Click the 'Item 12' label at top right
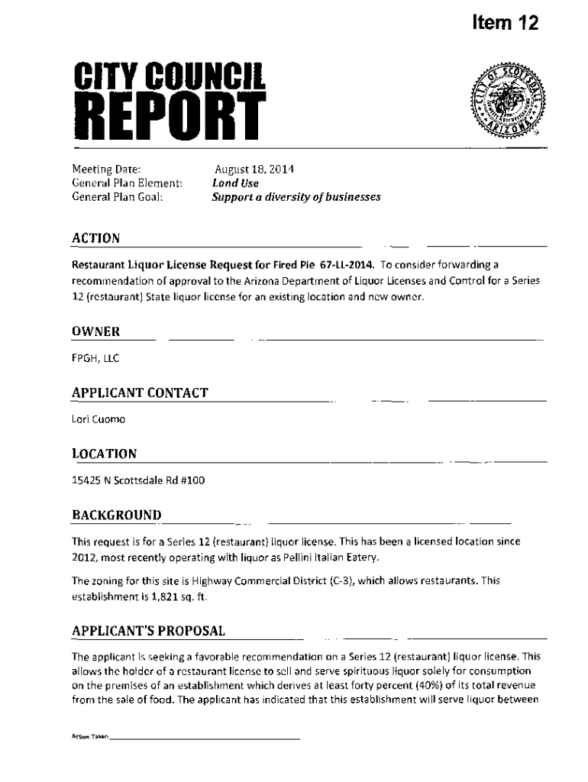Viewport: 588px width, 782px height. (x=505, y=24)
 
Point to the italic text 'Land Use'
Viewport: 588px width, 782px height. (x=235, y=183)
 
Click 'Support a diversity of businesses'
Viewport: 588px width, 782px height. (x=296, y=197)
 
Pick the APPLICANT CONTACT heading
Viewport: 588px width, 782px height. (x=140, y=393)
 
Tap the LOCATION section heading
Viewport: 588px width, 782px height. (x=104, y=454)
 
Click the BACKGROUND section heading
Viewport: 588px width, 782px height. (x=116, y=515)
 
